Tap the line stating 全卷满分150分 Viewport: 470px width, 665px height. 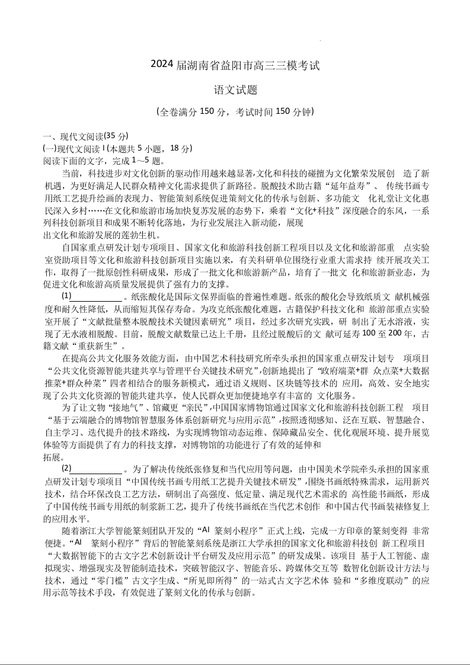(235, 111)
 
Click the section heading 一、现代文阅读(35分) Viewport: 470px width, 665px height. (85, 136)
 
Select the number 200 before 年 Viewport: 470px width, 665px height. (389, 334)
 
